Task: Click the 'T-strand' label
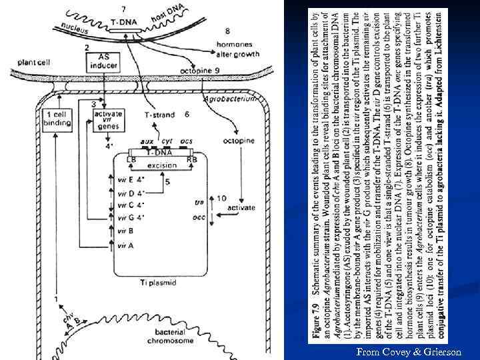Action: [x=160, y=115]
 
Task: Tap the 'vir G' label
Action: [x=125, y=217]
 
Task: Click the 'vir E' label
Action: [x=125, y=179]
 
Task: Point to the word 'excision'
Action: [x=162, y=165]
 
